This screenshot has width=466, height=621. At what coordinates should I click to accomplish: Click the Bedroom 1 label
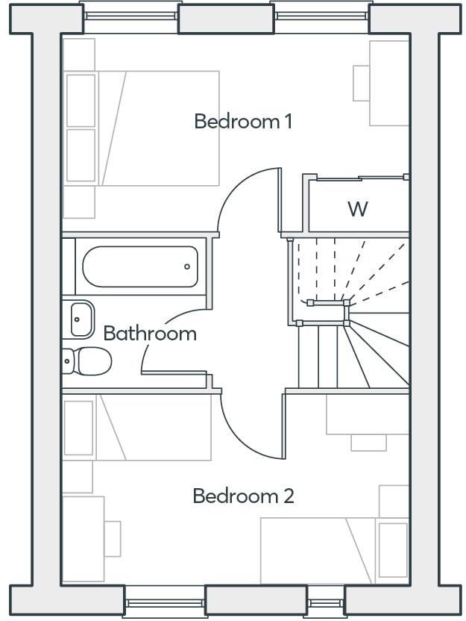tap(242, 121)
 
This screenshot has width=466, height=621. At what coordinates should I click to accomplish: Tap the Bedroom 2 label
tap(243, 496)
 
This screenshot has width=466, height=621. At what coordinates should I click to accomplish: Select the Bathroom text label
tap(150, 333)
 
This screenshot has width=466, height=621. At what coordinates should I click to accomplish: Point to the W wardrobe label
tap(358, 209)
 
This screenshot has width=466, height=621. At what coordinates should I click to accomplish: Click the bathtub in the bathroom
tap(139, 267)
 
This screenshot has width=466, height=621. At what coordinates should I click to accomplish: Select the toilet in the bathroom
tap(88, 361)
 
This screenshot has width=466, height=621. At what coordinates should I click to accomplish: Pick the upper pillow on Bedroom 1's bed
tap(81, 99)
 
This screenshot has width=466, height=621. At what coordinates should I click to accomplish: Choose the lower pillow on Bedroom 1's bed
tap(81, 155)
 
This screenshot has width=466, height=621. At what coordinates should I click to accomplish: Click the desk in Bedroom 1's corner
tap(389, 83)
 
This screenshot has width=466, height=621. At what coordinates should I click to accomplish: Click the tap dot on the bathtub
tap(187, 266)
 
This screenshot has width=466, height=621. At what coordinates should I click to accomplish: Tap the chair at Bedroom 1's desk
tap(362, 83)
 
